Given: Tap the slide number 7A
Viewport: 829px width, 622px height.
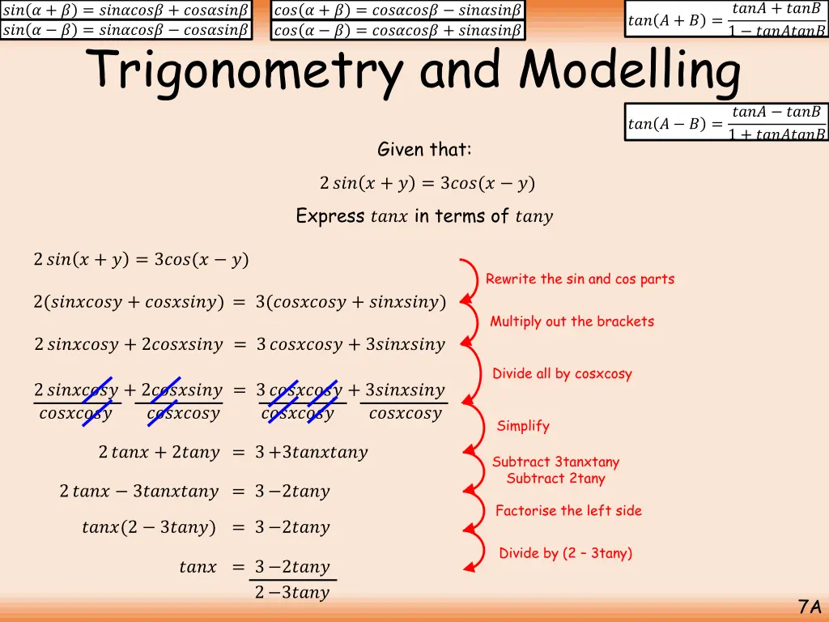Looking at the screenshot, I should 809,607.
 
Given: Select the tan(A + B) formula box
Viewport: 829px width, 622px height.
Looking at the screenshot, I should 726,20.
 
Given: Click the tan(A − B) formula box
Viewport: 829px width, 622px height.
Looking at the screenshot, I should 726,123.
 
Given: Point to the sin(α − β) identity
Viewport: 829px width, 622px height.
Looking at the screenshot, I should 125,30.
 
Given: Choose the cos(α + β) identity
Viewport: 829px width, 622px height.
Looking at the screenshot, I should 397,10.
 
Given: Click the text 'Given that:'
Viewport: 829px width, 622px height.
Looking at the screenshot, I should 424,150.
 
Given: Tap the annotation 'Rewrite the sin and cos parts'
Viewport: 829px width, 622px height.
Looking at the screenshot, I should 580,279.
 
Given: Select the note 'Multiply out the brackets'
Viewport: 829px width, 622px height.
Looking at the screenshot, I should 572,322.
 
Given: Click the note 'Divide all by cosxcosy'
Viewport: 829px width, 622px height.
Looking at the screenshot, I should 562,374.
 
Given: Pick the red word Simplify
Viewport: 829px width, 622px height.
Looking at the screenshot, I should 523,426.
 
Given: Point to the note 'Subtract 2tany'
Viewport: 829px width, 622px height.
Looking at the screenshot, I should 555,479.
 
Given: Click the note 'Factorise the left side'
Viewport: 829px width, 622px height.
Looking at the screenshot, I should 568,511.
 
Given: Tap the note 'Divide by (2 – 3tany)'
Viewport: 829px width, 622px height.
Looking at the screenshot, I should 565,554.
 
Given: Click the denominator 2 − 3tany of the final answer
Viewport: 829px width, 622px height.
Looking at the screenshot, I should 291,593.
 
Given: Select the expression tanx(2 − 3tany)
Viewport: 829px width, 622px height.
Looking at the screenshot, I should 149,528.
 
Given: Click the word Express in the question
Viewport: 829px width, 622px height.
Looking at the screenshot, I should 329,216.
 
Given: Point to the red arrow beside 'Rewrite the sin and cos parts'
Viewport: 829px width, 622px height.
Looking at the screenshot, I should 470,279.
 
